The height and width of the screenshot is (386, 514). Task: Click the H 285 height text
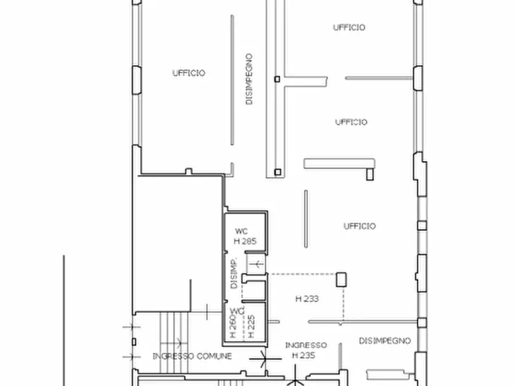(245, 241)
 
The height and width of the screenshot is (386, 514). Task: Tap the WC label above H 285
(241, 231)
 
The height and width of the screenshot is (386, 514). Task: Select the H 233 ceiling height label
(307, 298)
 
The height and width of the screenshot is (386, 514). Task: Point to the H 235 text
(303, 355)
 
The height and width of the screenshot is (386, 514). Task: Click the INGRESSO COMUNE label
(192, 356)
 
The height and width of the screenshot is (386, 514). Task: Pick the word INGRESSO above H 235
(306, 345)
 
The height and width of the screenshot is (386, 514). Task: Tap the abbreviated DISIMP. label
(234, 274)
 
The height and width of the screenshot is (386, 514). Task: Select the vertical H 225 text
(252, 327)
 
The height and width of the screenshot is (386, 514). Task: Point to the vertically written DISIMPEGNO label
(249, 79)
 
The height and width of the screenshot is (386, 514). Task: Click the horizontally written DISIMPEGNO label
(384, 340)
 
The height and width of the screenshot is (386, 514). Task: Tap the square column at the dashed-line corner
(341, 279)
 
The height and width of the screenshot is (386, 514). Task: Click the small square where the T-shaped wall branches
(277, 79)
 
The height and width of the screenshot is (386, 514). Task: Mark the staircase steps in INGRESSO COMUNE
(174, 342)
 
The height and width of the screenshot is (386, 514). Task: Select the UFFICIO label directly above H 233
(359, 226)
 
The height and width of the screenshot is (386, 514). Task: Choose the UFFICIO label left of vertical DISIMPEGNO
(189, 73)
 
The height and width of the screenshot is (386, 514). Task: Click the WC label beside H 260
(237, 311)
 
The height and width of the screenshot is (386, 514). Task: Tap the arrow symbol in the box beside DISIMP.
(256, 263)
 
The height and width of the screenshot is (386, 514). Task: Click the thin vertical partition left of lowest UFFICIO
(306, 219)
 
